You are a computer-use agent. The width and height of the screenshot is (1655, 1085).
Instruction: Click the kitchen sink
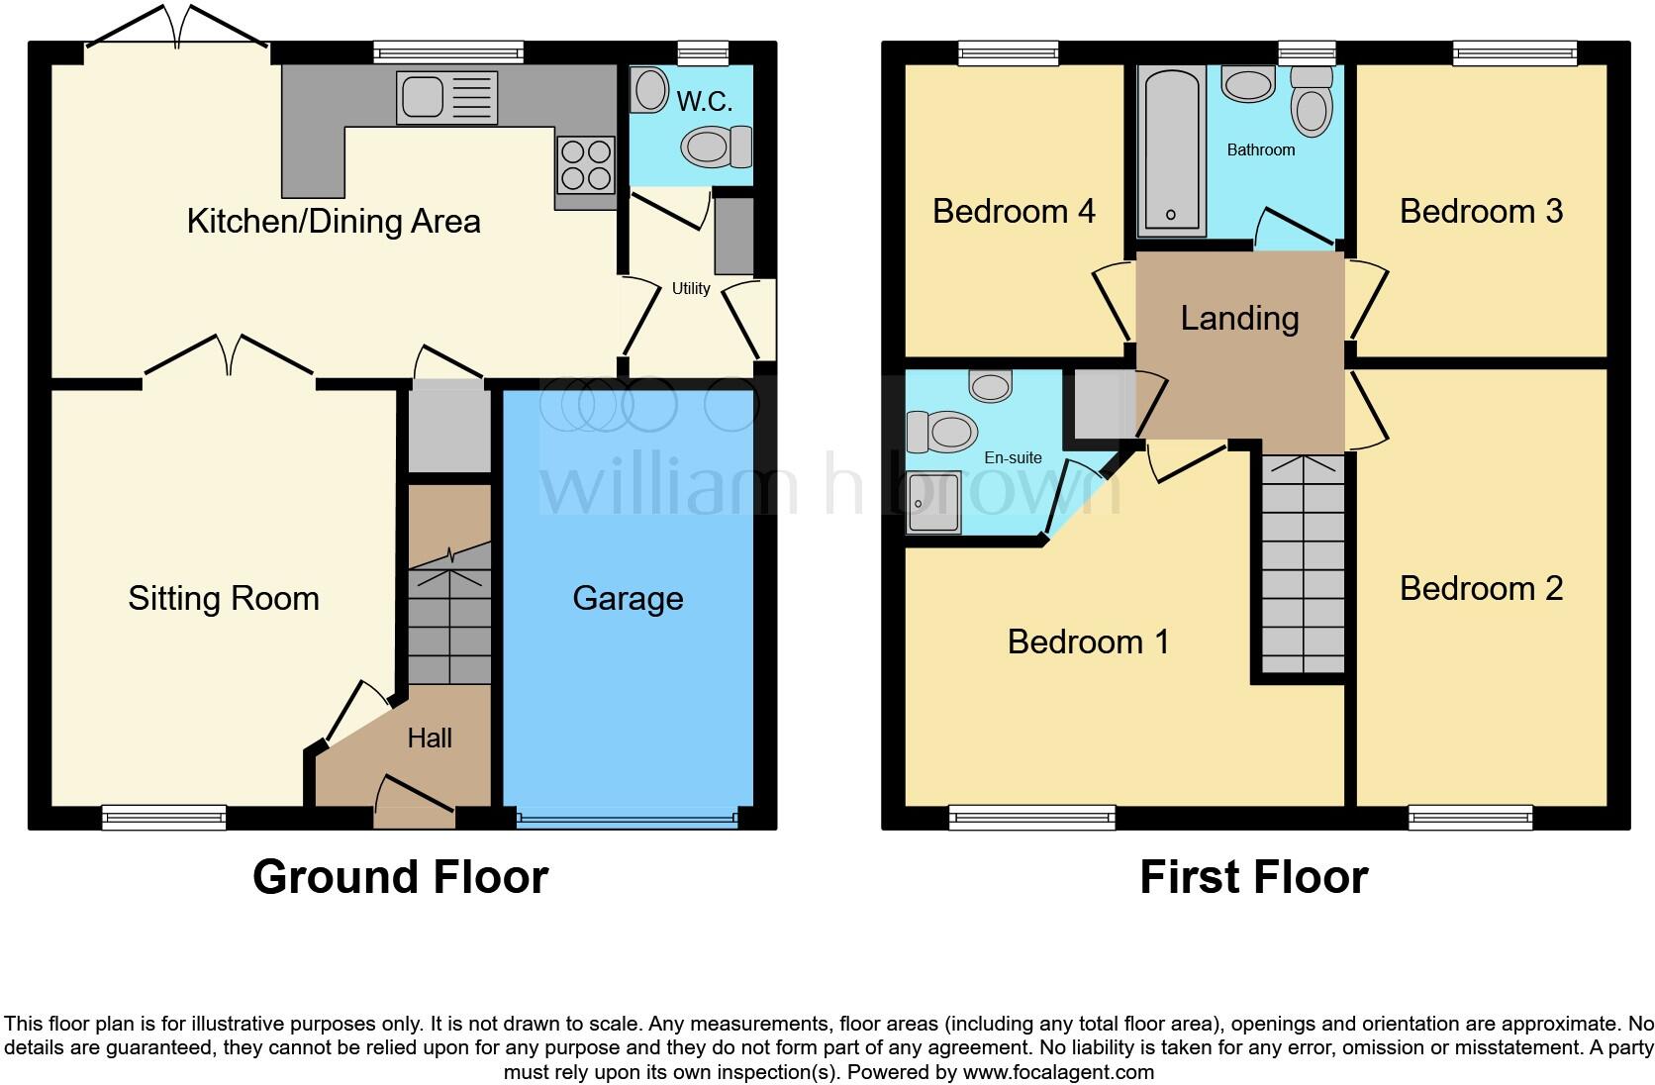(x=445, y=97)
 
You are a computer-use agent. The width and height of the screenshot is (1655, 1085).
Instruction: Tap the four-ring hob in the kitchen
(x=586, y=165)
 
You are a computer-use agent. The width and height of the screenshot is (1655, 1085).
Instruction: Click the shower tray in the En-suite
(x=934, y=502)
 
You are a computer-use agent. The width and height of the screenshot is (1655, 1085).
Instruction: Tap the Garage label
(x=628, y=598)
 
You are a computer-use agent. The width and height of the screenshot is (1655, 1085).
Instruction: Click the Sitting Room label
(x=224, y=598)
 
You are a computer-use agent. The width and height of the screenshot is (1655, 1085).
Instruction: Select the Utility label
(x=691, y=288)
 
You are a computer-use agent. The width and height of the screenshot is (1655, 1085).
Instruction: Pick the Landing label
(x=1239, y=318)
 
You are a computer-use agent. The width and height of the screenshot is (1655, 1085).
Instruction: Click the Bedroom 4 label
(x=1014, y=211)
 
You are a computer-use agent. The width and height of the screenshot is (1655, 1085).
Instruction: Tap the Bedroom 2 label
(x=1481, y=588)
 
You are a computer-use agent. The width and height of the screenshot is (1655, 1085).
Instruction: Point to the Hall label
(x=430, y=738)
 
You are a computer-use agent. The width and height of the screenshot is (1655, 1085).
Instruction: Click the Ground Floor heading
(x=400, y=876)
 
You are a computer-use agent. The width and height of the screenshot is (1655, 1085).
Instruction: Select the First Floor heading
(x=1253, y=876)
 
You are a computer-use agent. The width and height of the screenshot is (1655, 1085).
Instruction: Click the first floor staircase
(x=1303, y=564)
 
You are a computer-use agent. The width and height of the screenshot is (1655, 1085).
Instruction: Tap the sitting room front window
(x=164, y=817)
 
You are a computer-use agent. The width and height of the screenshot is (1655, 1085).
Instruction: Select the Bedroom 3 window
(x=1514, y=52)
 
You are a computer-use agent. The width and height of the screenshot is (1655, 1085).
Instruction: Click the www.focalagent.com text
(x=1058, y=1071)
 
